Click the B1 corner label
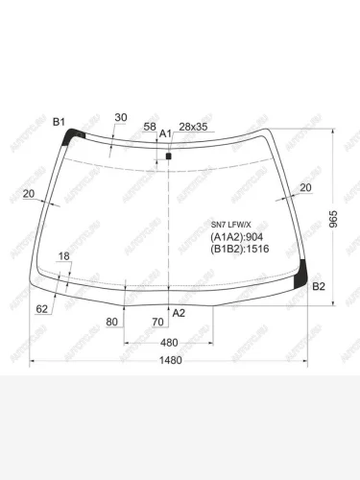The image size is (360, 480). point(58,122)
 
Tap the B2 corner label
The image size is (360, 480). point(320,286)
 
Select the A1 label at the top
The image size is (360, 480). point(164,133)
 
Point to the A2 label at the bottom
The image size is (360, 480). point(178,313)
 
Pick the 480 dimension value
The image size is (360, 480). point(169,343)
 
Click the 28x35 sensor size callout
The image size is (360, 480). point(194,127)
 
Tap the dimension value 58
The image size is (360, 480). point(150,127)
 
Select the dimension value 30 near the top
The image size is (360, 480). point(120,118)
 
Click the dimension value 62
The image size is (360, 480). point(42,308)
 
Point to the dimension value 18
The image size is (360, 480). point(64,256)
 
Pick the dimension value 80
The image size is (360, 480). point(111,322)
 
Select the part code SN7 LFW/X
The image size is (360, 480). point(230,224)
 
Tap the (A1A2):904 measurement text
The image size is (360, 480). point(236,236)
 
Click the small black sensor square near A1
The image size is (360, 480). point(169,155)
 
